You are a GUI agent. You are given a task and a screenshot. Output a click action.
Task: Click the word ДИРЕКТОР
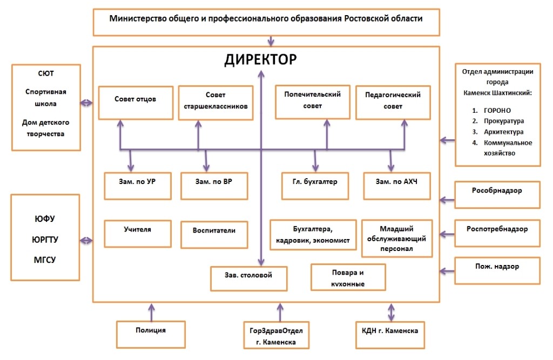(261, 59)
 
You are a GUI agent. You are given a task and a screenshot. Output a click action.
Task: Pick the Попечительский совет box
(313, 101)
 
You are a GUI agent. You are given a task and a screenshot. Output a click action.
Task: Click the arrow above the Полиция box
(151, 311)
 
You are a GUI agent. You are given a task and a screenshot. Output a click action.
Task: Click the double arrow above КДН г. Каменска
(390, 312)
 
